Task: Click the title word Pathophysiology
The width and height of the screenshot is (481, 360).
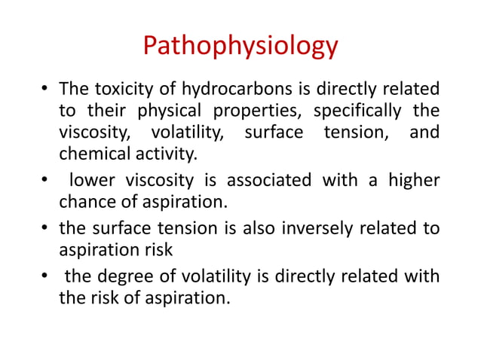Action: coord(240,47)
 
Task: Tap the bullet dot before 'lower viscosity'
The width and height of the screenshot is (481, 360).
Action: coord(44,182)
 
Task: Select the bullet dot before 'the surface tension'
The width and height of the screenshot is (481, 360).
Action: coord(44,227)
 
